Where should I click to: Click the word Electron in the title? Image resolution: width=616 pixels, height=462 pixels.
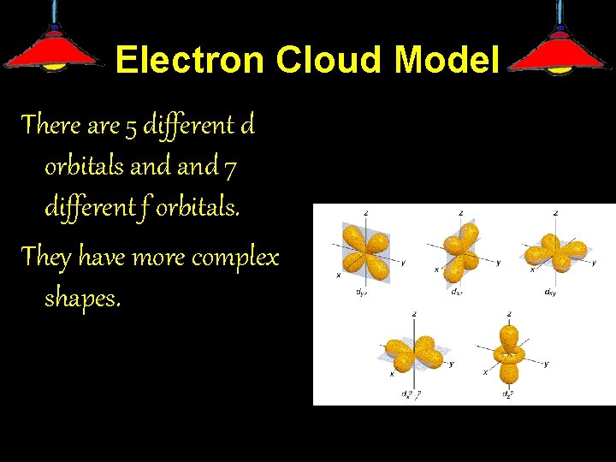pyautogui.click(x=190, y=60)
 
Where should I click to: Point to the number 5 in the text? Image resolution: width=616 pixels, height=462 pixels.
pyautogui.click(x=131, y=127)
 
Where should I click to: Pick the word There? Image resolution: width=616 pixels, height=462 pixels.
pyautogui.click(x=52, y=126)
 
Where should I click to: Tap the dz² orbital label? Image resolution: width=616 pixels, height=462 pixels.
pyautogui.click(x=507, y=394)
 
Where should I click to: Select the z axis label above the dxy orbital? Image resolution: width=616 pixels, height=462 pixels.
pyautogui.click(x=556, y=212)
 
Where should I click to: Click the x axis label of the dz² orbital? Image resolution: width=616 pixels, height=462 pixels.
pyautogui.click(x=485, y=373)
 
